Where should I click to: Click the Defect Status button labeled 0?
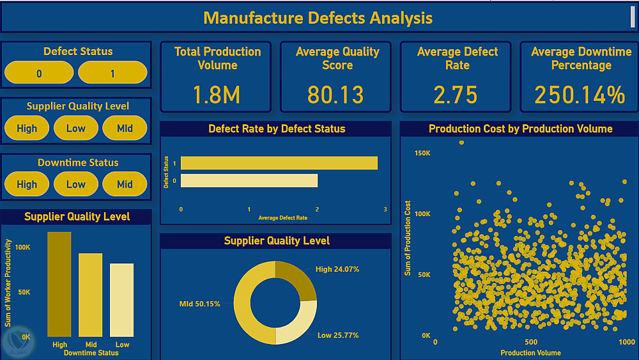coord(39,74)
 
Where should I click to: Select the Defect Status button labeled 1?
coord(112,74)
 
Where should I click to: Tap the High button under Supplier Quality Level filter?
coord(27,129)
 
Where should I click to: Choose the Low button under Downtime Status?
coord(76,184)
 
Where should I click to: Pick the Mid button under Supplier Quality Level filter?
coord(125,129)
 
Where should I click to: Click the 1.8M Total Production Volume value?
coord(217,95)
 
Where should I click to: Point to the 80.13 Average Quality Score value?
coord(335,95)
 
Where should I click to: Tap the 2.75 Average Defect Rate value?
coord(456,95)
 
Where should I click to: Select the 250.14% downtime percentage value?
coord(580,95)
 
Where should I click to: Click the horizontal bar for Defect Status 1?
coord(279,162)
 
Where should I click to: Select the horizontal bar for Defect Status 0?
coord(249,181)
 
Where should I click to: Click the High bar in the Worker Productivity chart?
coord(59,284)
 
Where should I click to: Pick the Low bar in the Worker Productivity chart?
coord(122,300)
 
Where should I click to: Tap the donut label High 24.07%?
coord(337,269)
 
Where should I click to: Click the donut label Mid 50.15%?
coord(199,304)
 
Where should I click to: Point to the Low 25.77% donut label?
coord(338,335)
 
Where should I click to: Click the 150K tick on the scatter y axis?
coord(422,153)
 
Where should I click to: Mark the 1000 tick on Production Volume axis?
coord(627,342)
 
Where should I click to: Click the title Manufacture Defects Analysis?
coord(318,18)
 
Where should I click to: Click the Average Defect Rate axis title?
coord(282,218)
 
